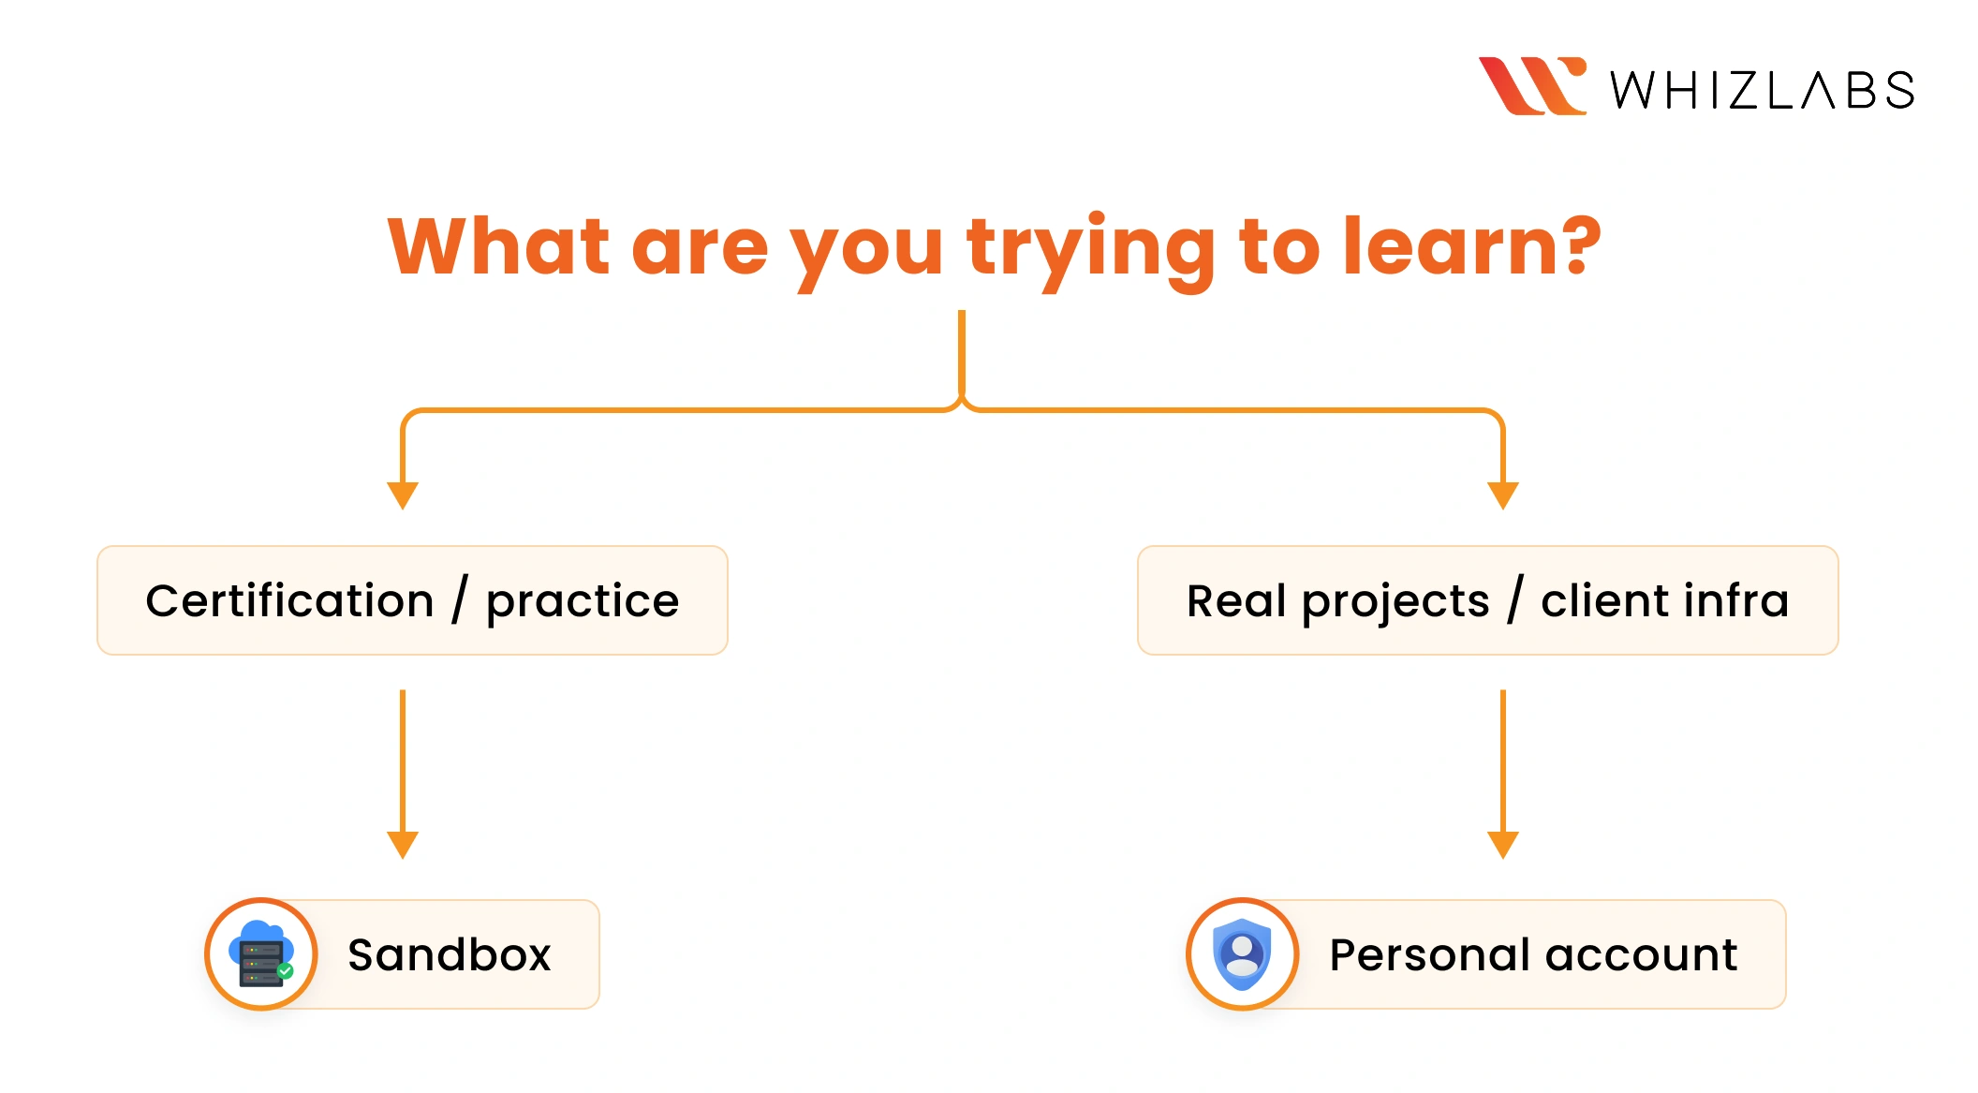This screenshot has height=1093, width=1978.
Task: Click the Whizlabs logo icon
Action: point(1532,86)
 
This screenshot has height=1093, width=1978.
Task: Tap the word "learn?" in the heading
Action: point(1472,246)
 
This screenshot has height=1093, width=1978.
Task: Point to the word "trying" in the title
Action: point(1091,252)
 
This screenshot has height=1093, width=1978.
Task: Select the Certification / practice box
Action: point(412,600)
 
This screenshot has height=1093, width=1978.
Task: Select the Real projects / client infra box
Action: point(1488,600)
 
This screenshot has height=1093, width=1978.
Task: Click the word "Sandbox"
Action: point(450,954)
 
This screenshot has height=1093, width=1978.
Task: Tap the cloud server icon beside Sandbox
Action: point(261,953)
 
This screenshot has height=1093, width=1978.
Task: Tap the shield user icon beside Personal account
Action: point(1242,954)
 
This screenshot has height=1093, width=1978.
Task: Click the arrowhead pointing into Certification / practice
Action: point(403,495)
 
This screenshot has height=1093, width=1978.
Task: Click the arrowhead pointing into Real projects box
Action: point(1503,495)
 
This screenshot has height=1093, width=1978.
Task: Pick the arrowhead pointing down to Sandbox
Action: point(403,845)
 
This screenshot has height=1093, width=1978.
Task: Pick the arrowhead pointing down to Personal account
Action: point(1503,845)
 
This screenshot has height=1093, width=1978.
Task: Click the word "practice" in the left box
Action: point(583,603)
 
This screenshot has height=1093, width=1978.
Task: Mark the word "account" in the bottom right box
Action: point(1642,957)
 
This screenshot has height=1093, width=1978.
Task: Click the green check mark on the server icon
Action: point(286,971)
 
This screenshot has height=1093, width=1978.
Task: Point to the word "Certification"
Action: point(290,600)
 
